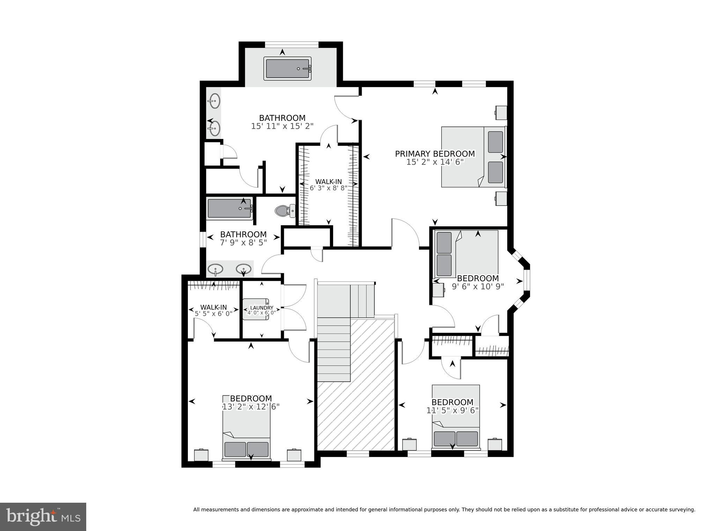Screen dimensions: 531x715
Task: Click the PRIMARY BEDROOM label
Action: (435, 154)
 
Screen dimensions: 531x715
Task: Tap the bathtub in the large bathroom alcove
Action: (287, 68)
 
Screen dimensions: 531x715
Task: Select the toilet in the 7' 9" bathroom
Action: (285, 211)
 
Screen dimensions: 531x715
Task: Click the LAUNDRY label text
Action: (261, 308)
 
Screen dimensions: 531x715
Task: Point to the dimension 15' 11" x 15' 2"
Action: (282, 126)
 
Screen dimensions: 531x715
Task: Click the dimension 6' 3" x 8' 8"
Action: (328, 188)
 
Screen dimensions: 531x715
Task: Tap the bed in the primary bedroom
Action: (473, 157)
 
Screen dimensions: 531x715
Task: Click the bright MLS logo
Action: (43, 517)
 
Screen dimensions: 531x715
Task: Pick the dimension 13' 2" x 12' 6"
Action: (251, 407)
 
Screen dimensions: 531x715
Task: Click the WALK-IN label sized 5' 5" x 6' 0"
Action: (213, 307)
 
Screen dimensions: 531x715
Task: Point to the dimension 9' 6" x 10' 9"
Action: (478, 286)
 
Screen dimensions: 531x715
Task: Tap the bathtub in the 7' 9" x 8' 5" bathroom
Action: (229, 209)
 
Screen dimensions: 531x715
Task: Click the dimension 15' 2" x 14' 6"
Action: (435, 162)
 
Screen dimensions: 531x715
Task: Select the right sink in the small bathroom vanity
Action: (243, 269)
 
